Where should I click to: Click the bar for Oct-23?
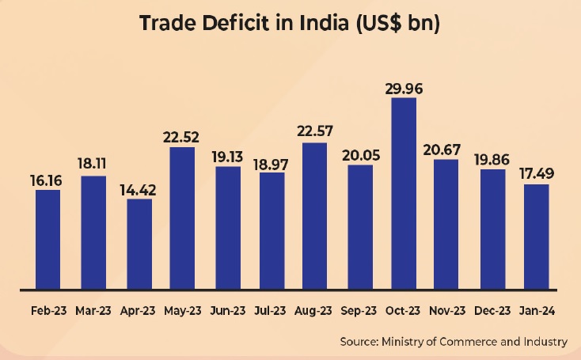(404, 193)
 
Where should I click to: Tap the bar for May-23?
(183, 218)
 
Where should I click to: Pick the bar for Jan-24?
(536, 237)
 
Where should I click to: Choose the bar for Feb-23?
(48, 239)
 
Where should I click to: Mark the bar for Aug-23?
(315, 216)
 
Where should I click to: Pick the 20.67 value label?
(448, 150)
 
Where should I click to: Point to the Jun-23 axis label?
(228, 311)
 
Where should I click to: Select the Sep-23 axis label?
(360, 311)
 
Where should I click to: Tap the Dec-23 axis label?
(492, 311)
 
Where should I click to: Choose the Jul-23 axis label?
(272, 311)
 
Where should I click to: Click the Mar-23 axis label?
(93, 311)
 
